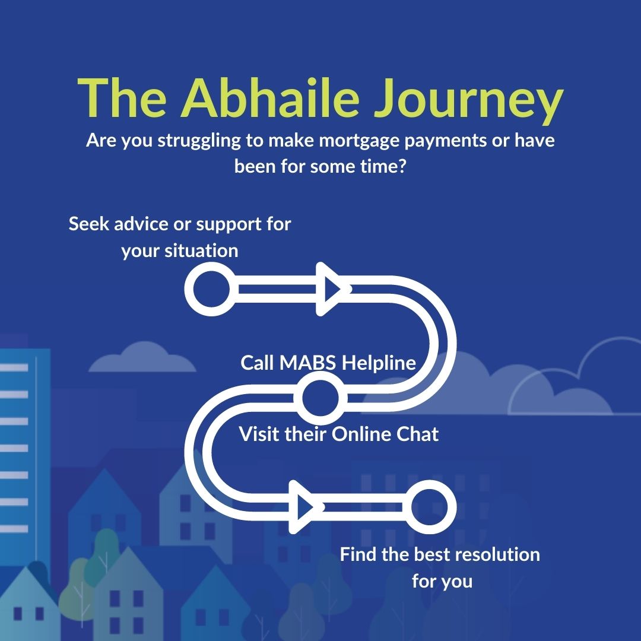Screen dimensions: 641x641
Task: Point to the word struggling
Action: click(x=186, y=142)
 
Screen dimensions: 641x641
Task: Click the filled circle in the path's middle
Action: click(x=320, y=397)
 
